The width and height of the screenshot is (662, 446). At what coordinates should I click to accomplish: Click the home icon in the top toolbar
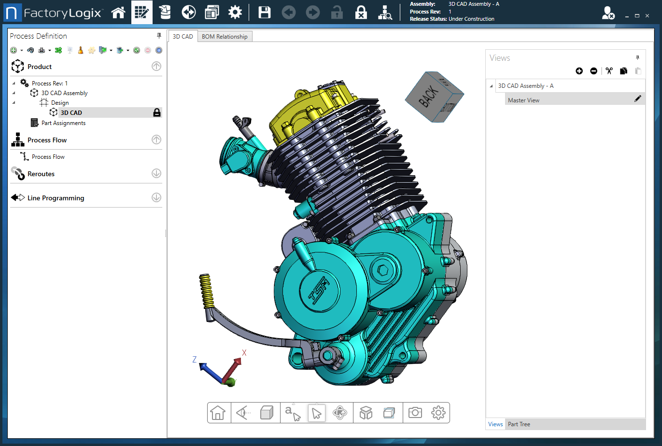click(118, 13)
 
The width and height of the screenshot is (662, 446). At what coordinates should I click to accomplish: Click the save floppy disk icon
click(264, 13)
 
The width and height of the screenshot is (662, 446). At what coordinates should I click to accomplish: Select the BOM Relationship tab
click(225, 37)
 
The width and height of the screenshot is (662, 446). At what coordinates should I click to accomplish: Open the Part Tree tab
click(519, 424)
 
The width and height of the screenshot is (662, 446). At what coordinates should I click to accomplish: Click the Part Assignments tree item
click(63, 123)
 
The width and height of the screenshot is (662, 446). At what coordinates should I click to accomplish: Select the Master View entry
click(523, 100)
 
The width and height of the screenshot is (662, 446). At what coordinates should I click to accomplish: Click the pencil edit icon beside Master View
click(637, 99)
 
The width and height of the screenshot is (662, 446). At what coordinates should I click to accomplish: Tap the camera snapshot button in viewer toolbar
click(415, 413)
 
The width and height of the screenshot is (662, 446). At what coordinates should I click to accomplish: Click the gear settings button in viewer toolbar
click(438, 413)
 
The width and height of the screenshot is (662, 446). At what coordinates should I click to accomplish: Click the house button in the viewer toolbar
click(218, 413)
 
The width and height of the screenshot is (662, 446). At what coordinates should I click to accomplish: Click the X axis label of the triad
click(244, 353)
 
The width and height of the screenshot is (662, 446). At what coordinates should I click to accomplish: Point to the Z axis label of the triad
click(195, 360)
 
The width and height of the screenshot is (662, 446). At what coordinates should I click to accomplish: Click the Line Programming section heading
click(56, 198)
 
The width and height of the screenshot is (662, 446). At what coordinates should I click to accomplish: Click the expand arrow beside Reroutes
click(156, 173)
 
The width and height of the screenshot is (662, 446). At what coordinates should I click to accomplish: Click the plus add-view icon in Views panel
click(579, 71)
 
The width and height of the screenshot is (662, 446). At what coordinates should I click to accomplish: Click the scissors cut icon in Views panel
click(609, 71)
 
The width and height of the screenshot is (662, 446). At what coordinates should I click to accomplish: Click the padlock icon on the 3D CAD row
click(157, 112)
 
